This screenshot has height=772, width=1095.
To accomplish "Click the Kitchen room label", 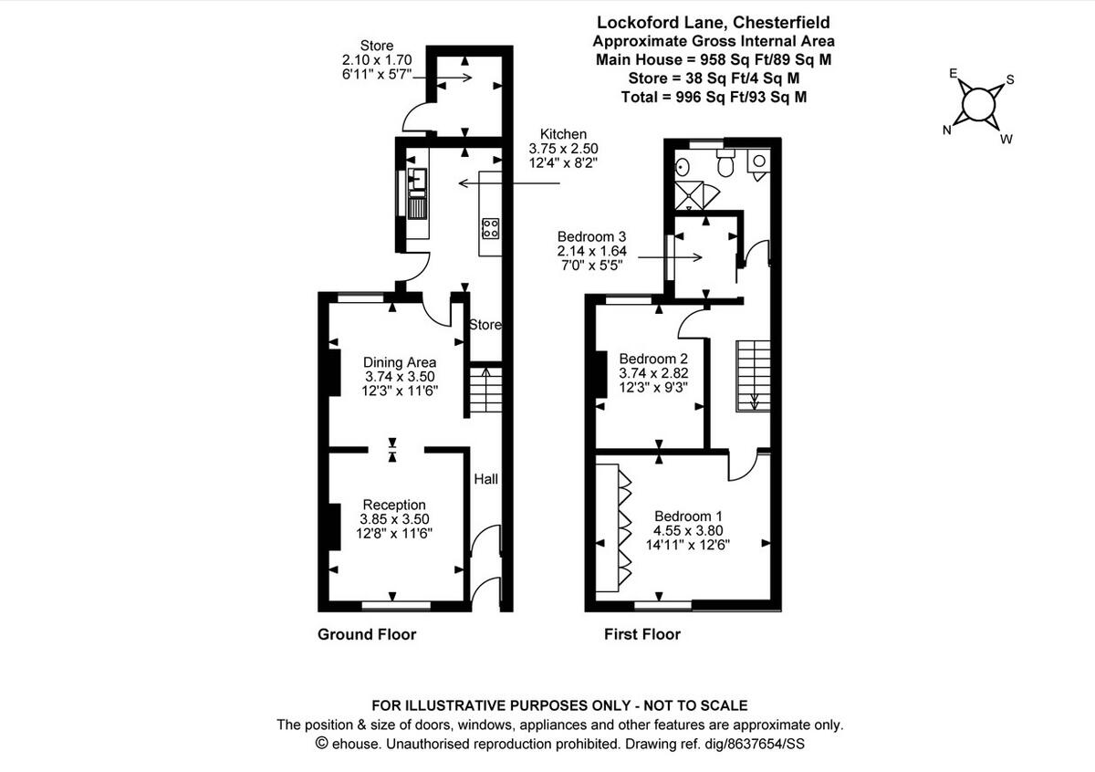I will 563,133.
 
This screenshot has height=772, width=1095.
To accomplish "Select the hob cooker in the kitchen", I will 490,227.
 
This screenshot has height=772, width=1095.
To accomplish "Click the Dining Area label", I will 400,361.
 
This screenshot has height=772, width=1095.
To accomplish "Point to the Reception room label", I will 394,505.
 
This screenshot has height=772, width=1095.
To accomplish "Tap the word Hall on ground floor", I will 485,478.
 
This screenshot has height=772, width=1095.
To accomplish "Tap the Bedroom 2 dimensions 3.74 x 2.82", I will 653,372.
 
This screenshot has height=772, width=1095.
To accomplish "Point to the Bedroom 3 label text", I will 590,236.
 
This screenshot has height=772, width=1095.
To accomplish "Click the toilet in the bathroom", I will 726,166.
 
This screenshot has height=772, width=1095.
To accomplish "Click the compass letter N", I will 947,130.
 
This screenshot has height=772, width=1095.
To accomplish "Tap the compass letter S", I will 1010,79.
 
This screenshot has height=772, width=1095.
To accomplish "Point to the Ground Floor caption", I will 367,634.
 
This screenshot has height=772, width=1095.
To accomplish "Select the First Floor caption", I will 642,634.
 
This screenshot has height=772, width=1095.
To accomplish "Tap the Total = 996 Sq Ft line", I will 713,97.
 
